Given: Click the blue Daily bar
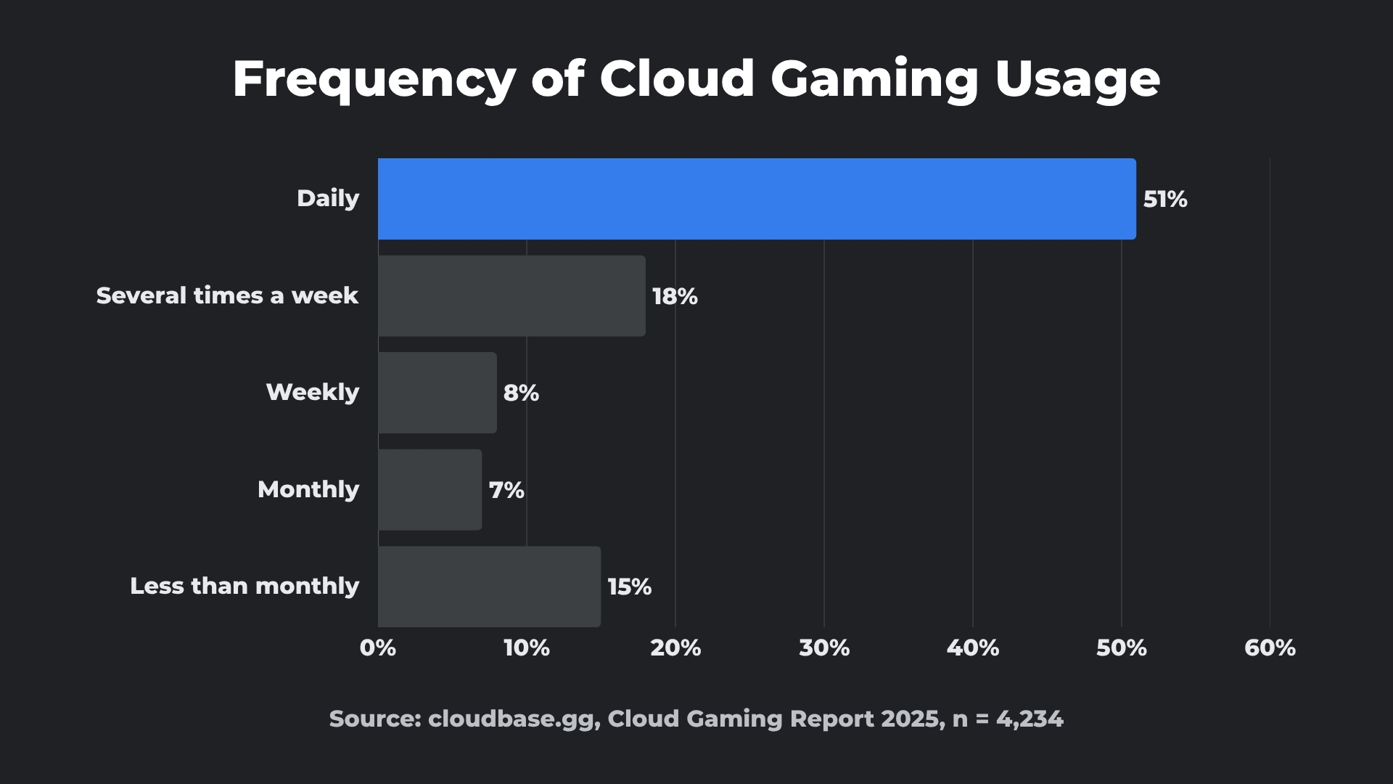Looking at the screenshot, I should pyautogui.click(x=757, y=199).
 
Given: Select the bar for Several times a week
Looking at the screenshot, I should pyautogui.click(x=511, y=295).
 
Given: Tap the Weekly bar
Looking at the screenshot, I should pyautogui.click(x=437, y=393).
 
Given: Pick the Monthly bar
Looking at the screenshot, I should pyautogui.click(x=430, y=490).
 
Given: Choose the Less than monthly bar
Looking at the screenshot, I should pyautogui.click(x=489, y=587).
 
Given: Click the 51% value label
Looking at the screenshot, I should pyautogui.click(x=1165, y=200).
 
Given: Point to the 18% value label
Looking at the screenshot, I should pyautogui.click(x=675, y=296).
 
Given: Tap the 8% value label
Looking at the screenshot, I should pyautogui.click(x=521, y=393).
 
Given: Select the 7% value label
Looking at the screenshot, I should pyautogui.click(x=506, y=490).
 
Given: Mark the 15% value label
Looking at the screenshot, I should pyautogui.click(x=629, y=587).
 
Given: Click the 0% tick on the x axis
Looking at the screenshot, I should pyautogui.click(x=378, y=648).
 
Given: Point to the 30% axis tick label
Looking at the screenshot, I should pyautogui.click(x=824, y=648).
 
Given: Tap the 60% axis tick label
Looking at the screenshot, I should pyautogui.click(x=1270, y=648).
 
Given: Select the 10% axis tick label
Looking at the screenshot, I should pyautogui.click(x=527, y=648).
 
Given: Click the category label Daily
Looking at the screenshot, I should pyautogui.click(x=328, y=198).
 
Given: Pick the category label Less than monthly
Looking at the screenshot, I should pyautogui.click(x=245, y=586).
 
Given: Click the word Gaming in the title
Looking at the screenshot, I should pyautogui.click(x=874, y=80).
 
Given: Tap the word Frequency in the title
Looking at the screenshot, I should pyautogui.click(x=374, y=80).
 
